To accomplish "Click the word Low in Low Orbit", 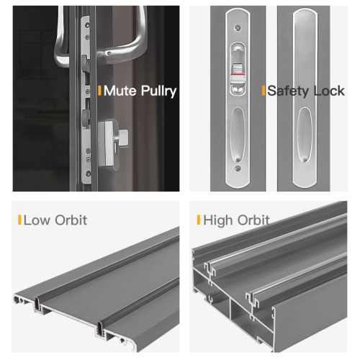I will click(x=37, y=220).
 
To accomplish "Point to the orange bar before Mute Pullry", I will click(x=99, y=91).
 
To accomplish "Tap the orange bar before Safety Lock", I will click(x=264, y=91).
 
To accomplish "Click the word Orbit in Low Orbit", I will click(x=68, y=220).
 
